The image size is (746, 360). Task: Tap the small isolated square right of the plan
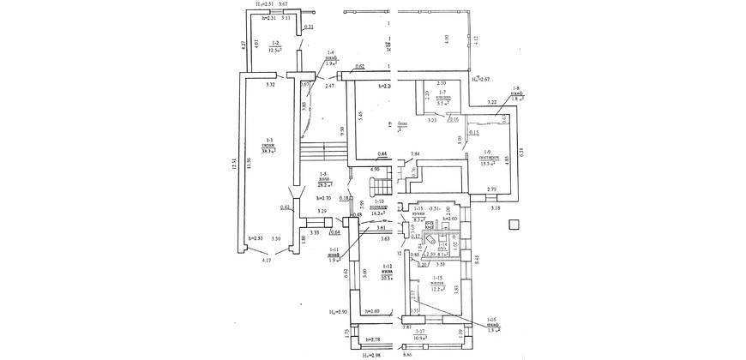[x=513, y=225]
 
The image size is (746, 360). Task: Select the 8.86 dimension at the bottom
[x=406, y=354]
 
